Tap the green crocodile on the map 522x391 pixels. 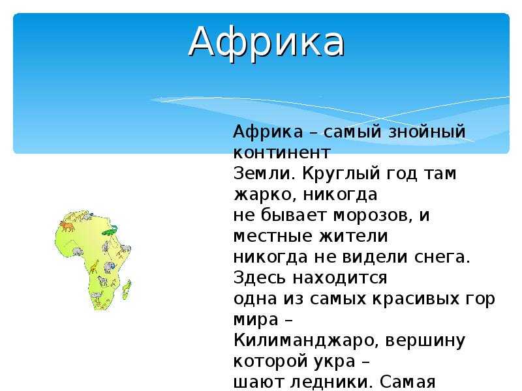[x=110, y=230]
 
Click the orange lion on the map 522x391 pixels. [x=67, y=226]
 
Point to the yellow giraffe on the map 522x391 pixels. [x=94, y=267]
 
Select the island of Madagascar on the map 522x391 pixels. [x=127, y=289]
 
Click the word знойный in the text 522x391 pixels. [x=427, y=132]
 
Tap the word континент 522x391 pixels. [x=282, y=153]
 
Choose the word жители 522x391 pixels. [x=353, y=236]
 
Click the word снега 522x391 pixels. [x=442, y=257]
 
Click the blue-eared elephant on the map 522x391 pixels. [x=109, y=267]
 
